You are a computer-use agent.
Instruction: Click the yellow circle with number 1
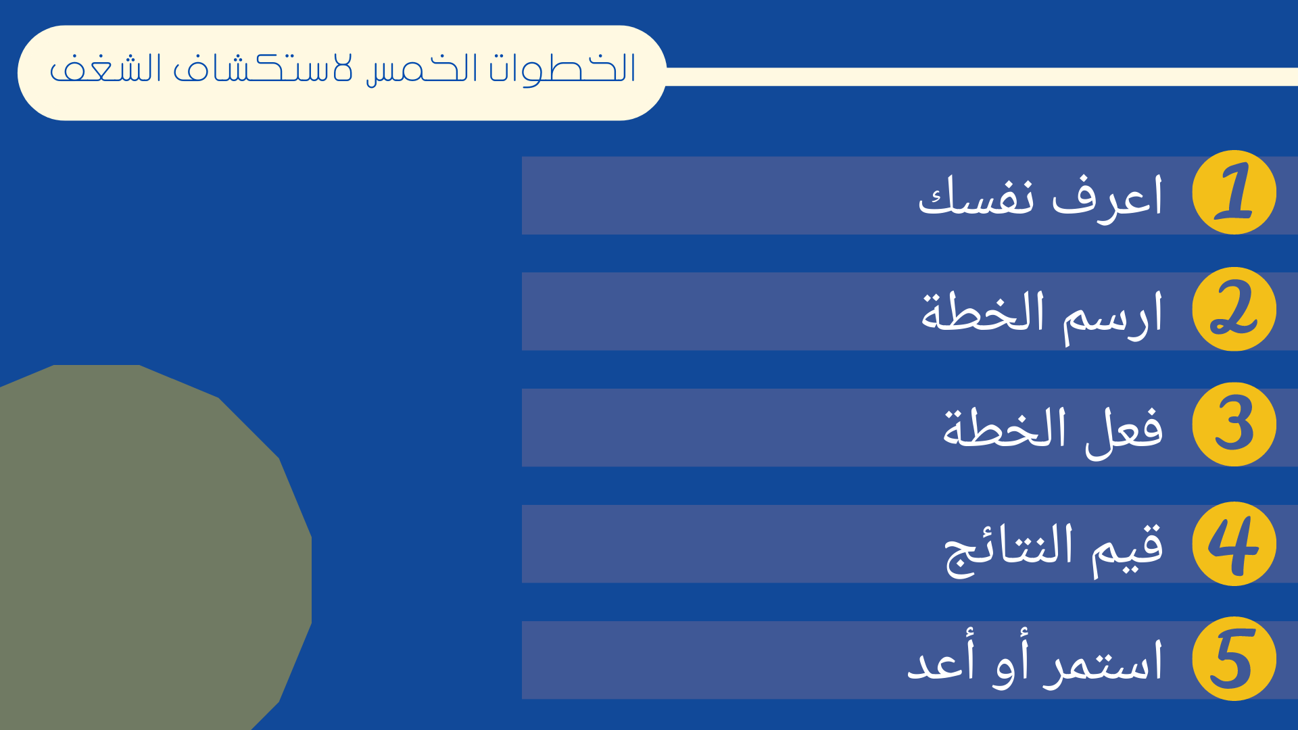1234,193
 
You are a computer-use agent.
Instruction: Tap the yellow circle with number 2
1234,309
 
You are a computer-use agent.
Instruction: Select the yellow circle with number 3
1234,424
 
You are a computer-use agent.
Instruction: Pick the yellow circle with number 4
1234,543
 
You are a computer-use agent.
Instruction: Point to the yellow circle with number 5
1234,659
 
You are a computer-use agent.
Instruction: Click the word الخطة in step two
983,312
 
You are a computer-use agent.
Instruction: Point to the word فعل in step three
1124,433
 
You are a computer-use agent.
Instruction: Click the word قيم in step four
1128,549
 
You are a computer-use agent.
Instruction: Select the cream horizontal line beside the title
982,76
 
